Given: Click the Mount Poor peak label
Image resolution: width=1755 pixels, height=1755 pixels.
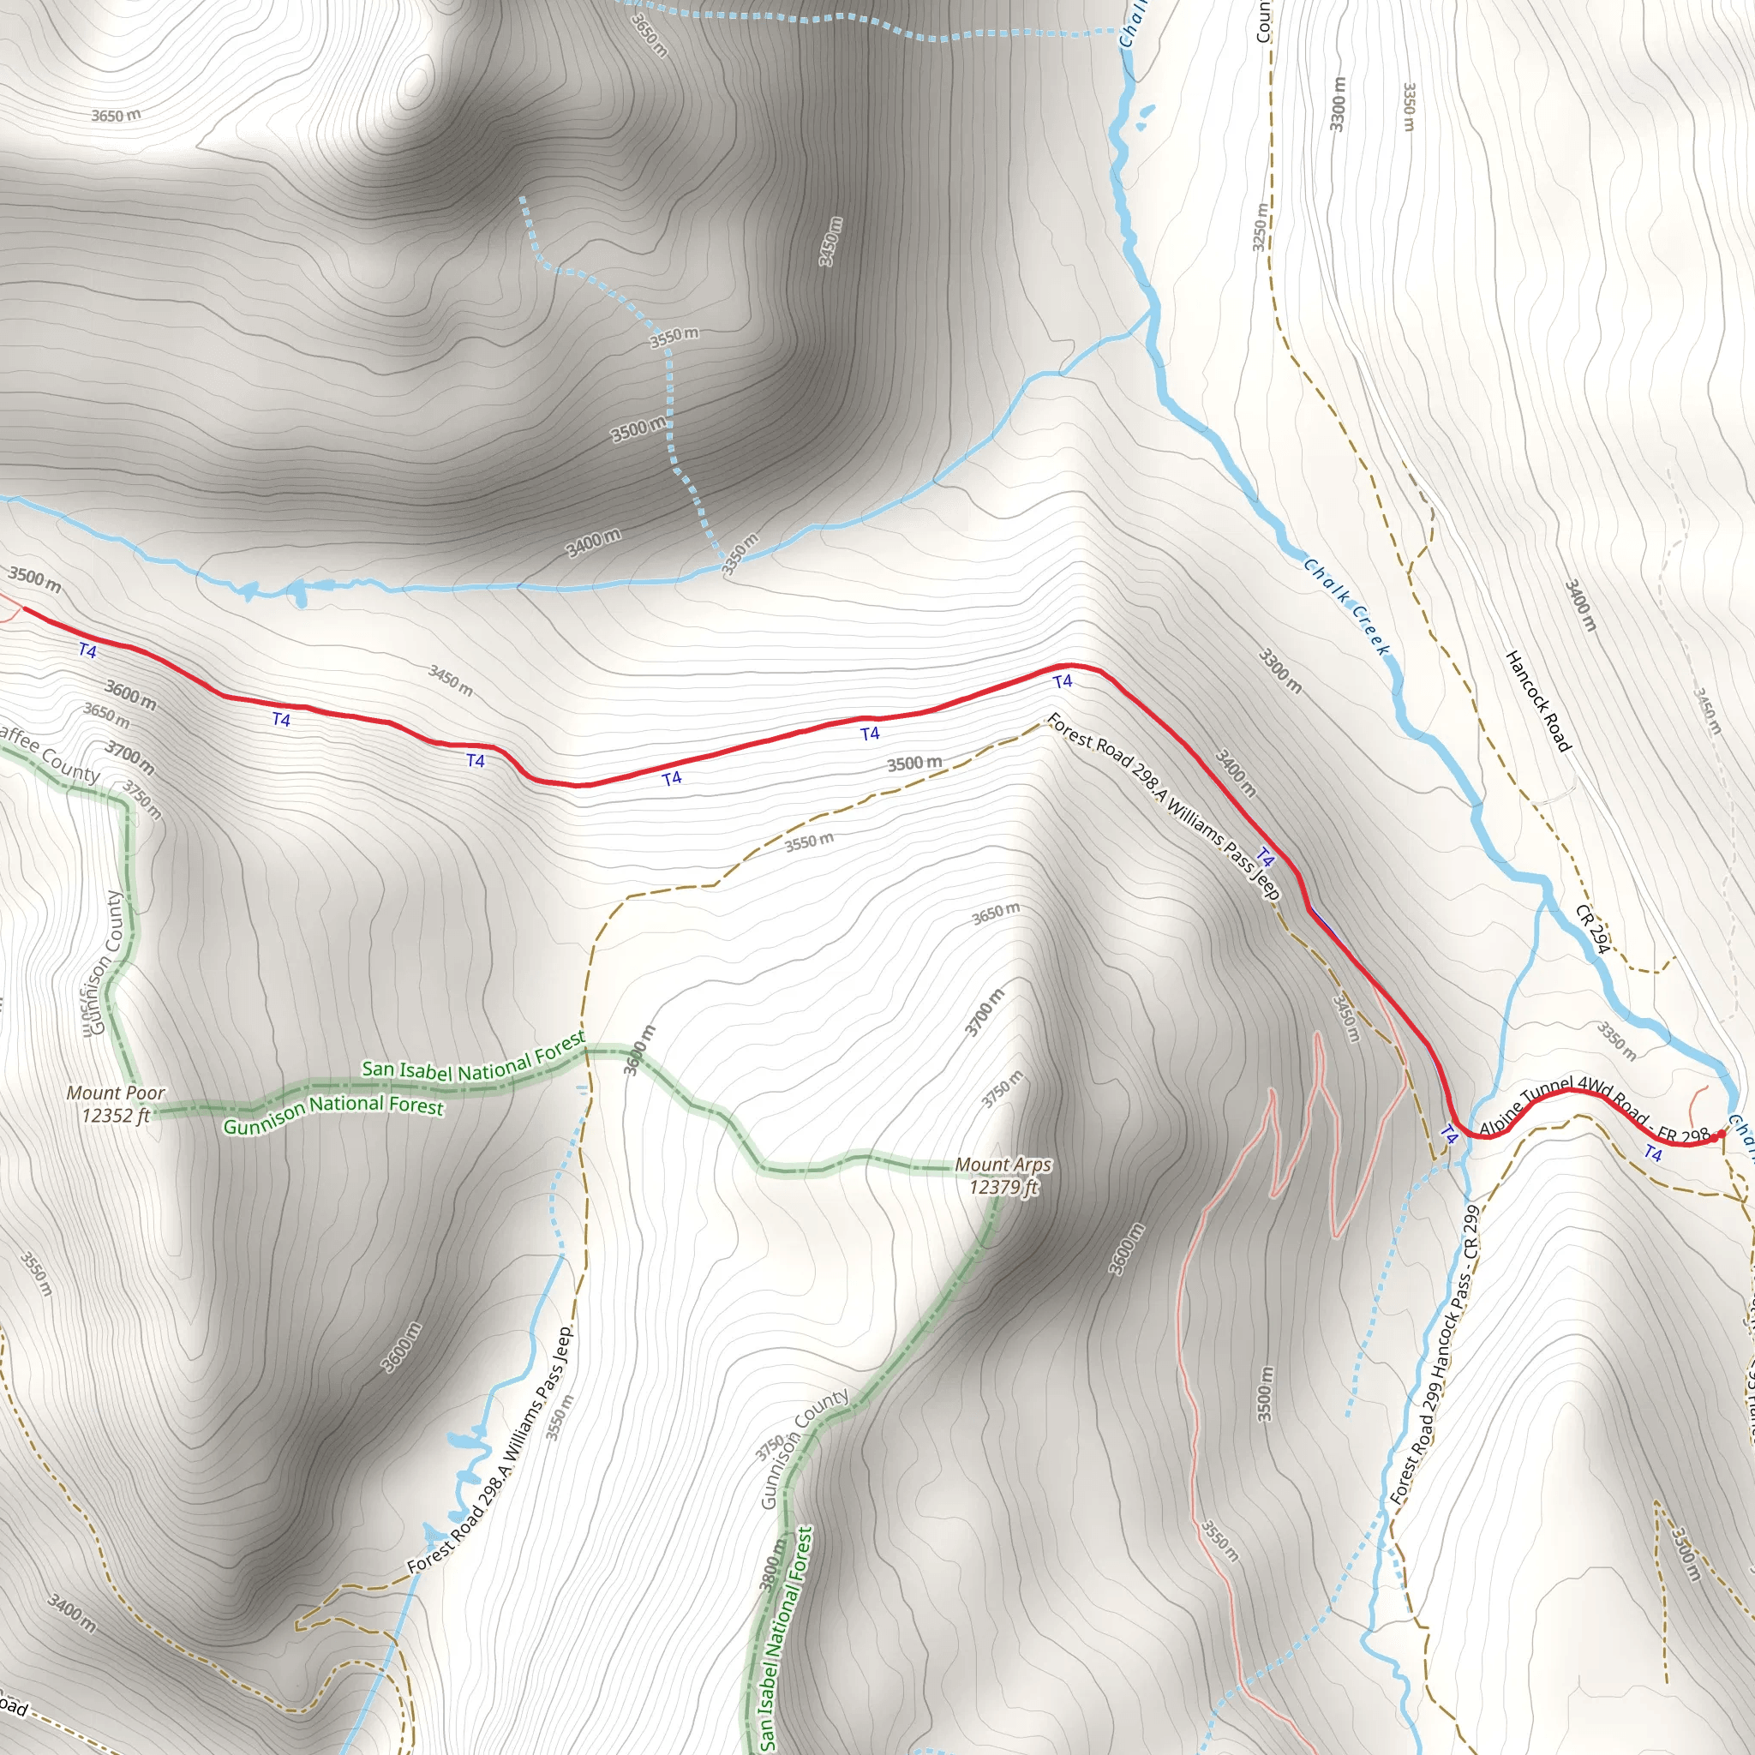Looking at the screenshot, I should pos(116,1093).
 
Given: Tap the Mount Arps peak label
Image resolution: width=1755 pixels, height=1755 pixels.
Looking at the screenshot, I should pos(1003,1165).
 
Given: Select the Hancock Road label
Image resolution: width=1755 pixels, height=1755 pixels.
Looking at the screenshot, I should pos(1538,700).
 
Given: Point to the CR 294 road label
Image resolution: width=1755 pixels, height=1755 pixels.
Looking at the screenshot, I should pos(1592,928).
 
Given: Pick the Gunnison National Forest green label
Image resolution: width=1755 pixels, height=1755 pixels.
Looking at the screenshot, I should pos(333,1114).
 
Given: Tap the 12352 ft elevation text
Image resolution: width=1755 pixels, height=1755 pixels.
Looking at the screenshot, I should pos(116,1116).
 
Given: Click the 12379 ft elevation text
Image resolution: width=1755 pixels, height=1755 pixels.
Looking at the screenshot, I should pos(1003,1187).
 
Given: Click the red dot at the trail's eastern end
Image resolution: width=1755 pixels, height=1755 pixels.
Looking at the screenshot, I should pos(1721,1135).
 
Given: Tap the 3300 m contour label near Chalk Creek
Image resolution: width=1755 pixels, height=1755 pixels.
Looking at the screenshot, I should pos(1280,670).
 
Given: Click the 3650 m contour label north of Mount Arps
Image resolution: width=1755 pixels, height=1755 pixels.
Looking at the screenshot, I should pos(996,913).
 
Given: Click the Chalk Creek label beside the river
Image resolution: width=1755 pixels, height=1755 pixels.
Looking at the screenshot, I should pos(1346,606).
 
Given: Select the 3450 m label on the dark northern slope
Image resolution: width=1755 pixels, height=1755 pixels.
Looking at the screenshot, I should pos(830,242).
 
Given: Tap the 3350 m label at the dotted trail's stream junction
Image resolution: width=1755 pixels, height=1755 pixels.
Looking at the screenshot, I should pos(740,554).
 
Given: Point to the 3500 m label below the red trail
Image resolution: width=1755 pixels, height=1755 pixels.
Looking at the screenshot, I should pos(913,763).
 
